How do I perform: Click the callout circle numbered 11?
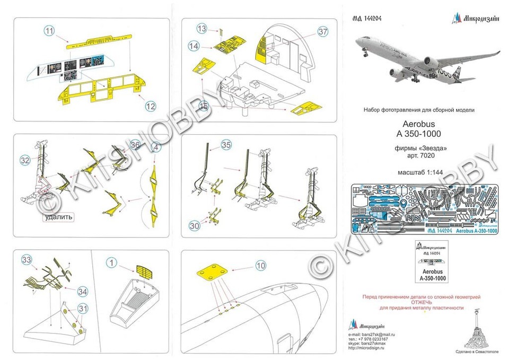click(49, 32)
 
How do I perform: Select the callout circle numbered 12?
click(151, 106)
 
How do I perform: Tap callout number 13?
click(201, 28)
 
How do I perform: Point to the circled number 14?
click(194, 47)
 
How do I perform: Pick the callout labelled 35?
click(226, 144)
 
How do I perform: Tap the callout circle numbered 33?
click(27, 259)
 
